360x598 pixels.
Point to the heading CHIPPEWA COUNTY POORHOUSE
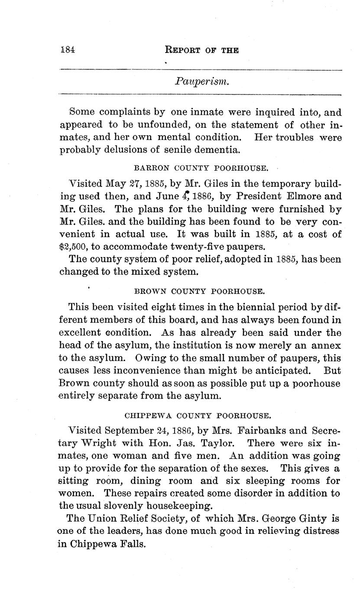(198, 416)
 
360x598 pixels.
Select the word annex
(326, 346)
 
